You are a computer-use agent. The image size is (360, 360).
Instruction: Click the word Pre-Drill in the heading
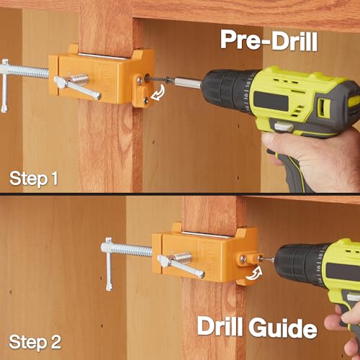[269, 40]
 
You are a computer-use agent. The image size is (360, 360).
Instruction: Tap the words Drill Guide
[257, 327]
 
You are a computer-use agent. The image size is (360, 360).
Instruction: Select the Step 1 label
[34, 179]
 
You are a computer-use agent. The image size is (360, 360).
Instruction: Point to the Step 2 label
[35, 343]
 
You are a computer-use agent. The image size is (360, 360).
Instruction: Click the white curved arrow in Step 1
[158, 93]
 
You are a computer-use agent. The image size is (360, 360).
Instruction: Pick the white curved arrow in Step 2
[253, 274]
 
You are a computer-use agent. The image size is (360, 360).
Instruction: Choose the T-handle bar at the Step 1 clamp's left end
[4, 86]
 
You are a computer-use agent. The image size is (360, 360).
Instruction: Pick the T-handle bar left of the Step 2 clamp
[109, 264]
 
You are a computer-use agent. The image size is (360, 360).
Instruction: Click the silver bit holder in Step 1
[188, 83]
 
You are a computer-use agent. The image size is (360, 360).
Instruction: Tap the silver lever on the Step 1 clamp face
[77, 87]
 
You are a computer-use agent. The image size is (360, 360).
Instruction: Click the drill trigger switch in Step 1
[283, 127]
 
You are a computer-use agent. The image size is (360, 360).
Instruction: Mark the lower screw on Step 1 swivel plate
[145, 101]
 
